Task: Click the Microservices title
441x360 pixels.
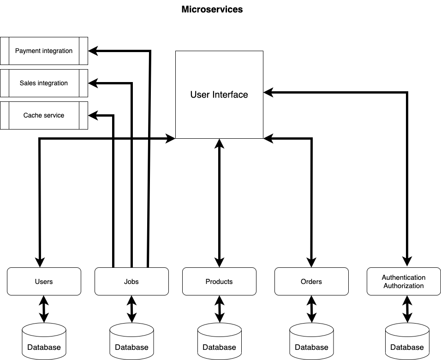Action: [212, 9]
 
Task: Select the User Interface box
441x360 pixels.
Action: [219, 94]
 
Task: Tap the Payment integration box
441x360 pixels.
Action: [44, 51]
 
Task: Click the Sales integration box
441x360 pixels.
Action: [44, 83]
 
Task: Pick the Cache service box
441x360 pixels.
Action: [44, 115]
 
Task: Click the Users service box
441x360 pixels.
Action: [44, 281]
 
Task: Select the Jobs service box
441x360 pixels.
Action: [131, 281]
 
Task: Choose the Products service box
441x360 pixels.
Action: [219, 281]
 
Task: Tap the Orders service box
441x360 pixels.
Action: [311, 281]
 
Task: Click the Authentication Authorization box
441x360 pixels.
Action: [403, 281]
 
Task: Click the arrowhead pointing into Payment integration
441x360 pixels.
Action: [93, 51]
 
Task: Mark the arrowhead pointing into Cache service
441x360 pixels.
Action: [93, 115]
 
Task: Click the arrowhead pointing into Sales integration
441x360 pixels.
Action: [93, 83]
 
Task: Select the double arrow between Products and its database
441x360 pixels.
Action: [220, 309]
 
